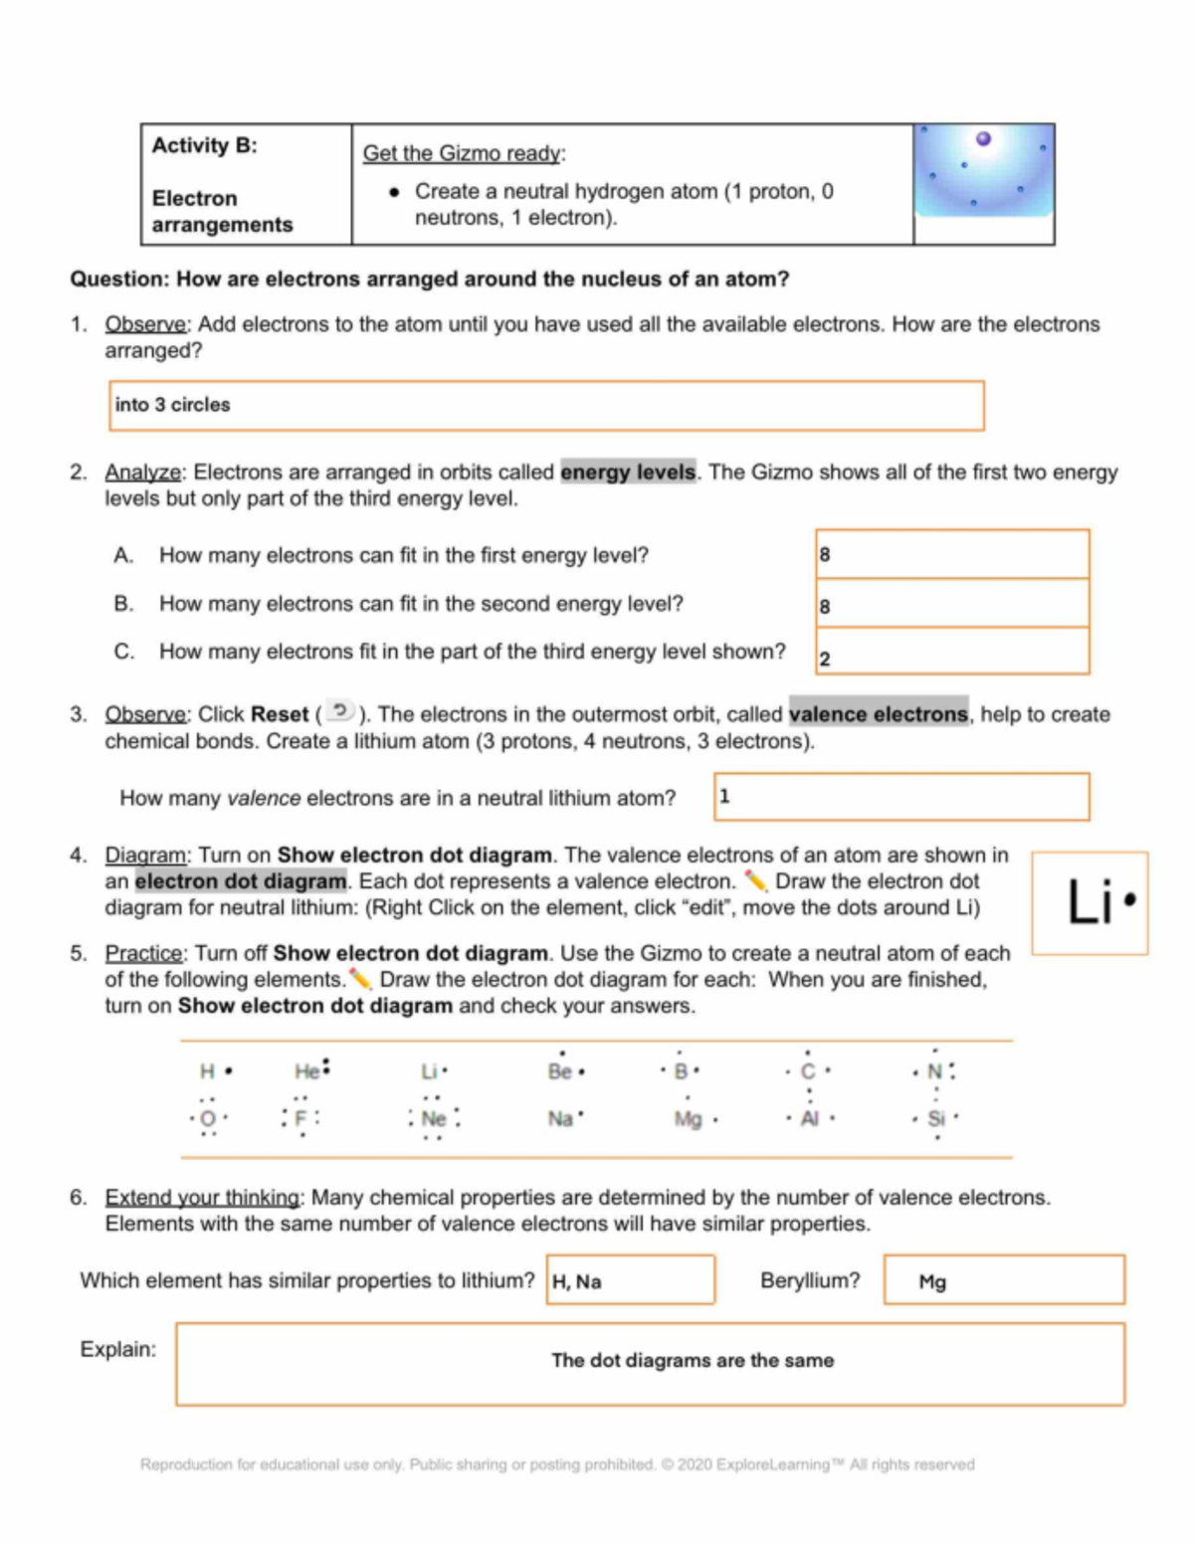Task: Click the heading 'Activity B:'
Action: coord(204,146)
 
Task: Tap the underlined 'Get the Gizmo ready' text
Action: coord(462,153)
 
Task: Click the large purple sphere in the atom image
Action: coord(983,139)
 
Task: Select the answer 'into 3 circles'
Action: coord(172,405)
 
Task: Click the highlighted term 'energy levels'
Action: coord(628,472)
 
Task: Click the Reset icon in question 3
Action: coord(340,710)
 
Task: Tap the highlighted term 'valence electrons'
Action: coord(878,714)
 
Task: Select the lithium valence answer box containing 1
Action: coord(900,797)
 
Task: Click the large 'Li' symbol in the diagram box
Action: coord(1090,902)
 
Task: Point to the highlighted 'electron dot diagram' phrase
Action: coord(241,881)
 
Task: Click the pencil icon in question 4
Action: coord(755,880)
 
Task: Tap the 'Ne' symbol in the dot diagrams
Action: coord(434,1119)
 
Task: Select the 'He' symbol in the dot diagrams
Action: coord(306,1071)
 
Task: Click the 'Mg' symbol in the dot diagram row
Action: coord(688,1119)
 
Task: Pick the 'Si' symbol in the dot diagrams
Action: coord(935,1118)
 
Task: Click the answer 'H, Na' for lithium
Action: coord(577,1282)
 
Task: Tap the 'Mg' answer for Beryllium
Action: coord(932,1282)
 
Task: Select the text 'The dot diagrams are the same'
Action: coord(693,1361)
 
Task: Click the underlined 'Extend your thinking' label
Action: coord(202,1198)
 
